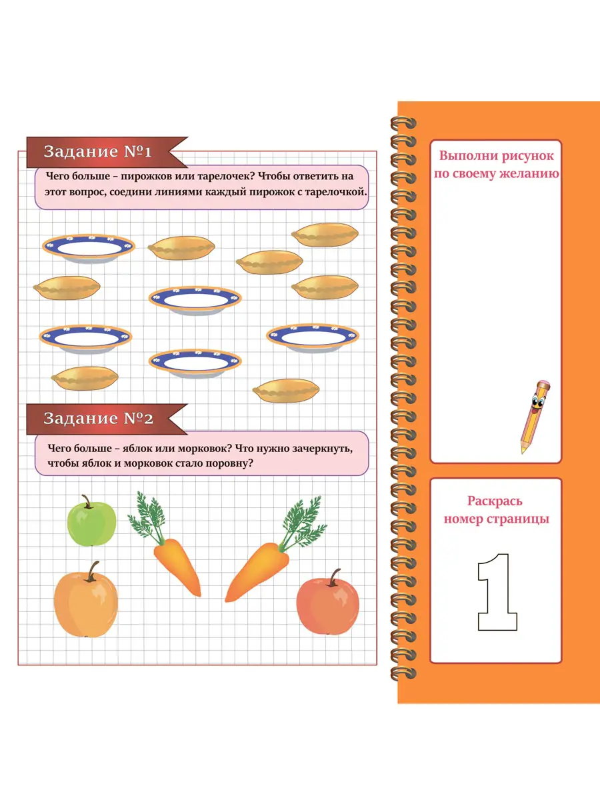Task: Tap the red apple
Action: coord(327,604)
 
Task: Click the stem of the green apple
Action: coord(87,501)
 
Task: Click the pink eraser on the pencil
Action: coord(543,384)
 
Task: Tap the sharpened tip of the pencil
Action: coord(523,451)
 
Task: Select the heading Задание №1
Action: coord(97,151)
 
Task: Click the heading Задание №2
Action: coord(98,419)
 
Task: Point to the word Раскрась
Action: coord(495,501)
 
